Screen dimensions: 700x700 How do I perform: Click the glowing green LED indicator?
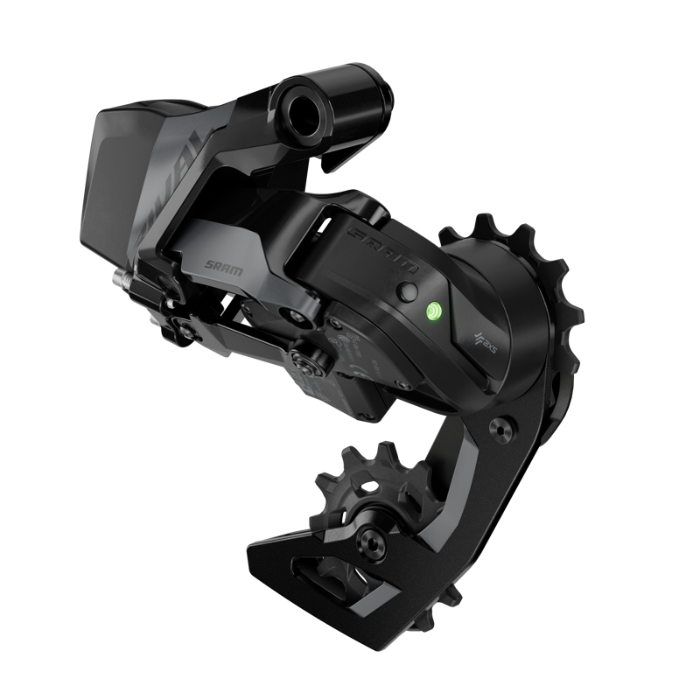click(433, 310)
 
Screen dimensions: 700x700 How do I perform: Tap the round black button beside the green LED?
click(405, 293)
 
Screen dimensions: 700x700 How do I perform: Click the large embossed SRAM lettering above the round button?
click(382, 249)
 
